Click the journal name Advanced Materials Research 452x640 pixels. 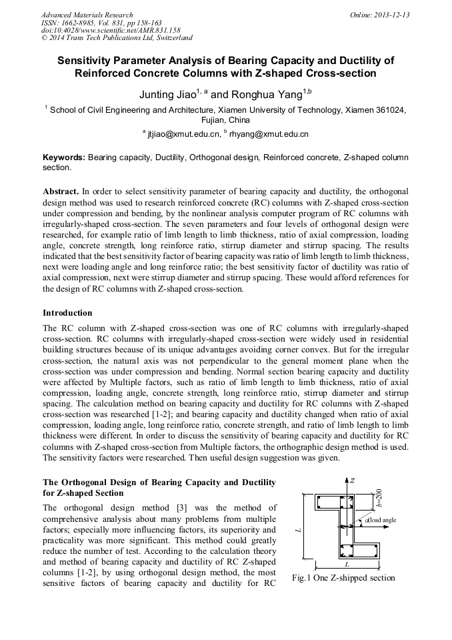pos(87,15)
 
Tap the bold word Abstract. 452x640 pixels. pos(61,191)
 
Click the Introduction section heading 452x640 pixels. pos(67,312)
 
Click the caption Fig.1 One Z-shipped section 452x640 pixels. pos(343,578)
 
